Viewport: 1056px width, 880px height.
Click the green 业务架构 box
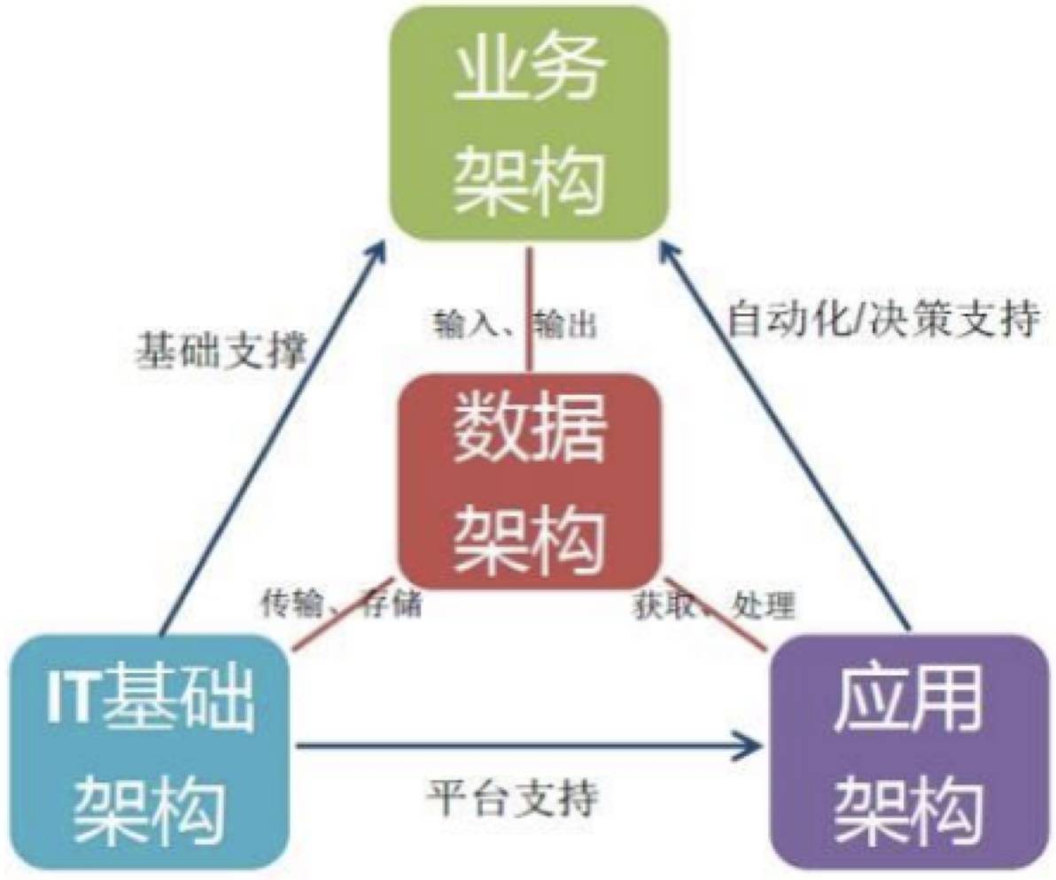coord(529,124)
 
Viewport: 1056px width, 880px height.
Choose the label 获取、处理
coord(713,605)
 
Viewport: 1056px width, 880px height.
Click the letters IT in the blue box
coord(69,699)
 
